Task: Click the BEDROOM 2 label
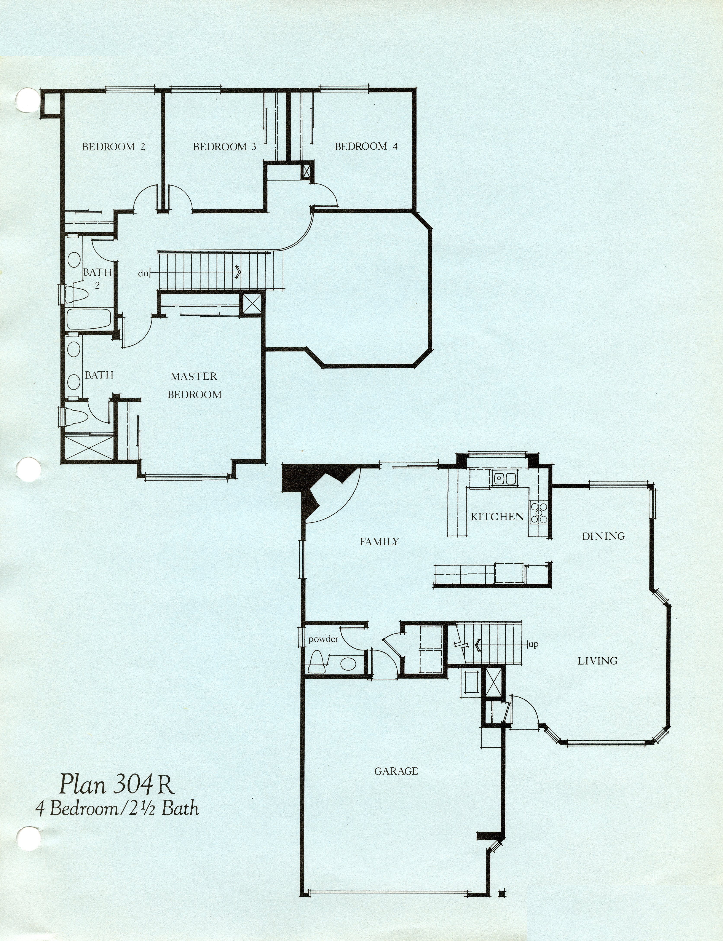click(x=114, y=147)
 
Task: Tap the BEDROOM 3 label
click(x=225, y=147)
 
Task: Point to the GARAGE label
click(x=396, y=771)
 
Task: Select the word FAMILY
click(x=379, y=542)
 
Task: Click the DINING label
click(x=603, y=536)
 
